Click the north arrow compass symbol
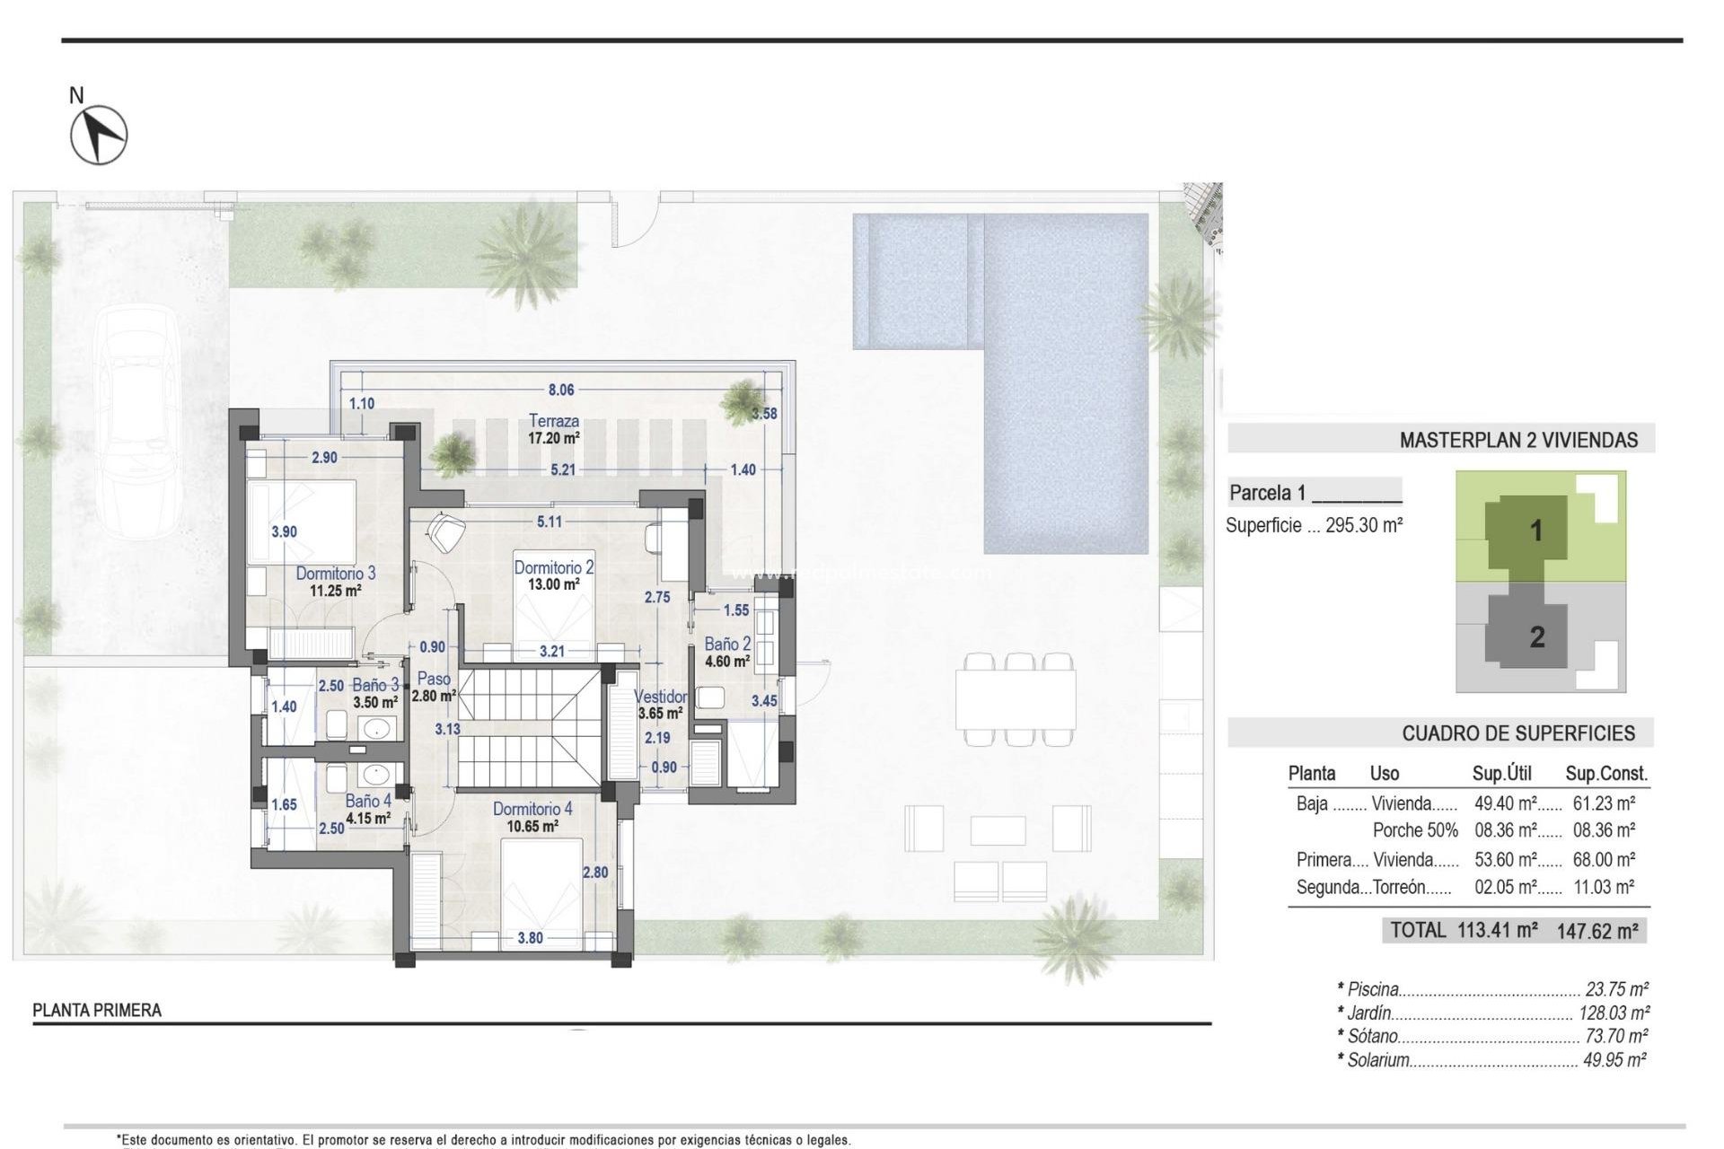(x=99, y=136)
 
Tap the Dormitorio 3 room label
(x=336, y=574)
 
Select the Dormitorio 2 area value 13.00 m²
(x=553, y=584)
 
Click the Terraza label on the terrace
(x=554, y=421)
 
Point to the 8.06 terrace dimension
(x=561, y=390)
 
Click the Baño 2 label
(x=727, y=645)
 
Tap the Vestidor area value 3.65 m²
(x=660, y=715)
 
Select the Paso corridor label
(x=434, y=680)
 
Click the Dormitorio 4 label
(x=532, y=810)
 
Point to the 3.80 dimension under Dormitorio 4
(x=530, y=938)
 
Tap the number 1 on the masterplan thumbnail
(x=1536, y=531)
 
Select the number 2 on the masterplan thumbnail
(x=1537, y=637)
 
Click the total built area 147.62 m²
(x=1597, y=932)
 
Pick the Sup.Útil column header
(x=1501, y=774)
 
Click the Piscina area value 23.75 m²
(x=1616, y=990)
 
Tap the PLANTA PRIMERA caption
(x=97, y=1011)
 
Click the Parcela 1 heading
(x=1267, y=493)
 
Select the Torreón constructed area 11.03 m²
(x=1604, y=888)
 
